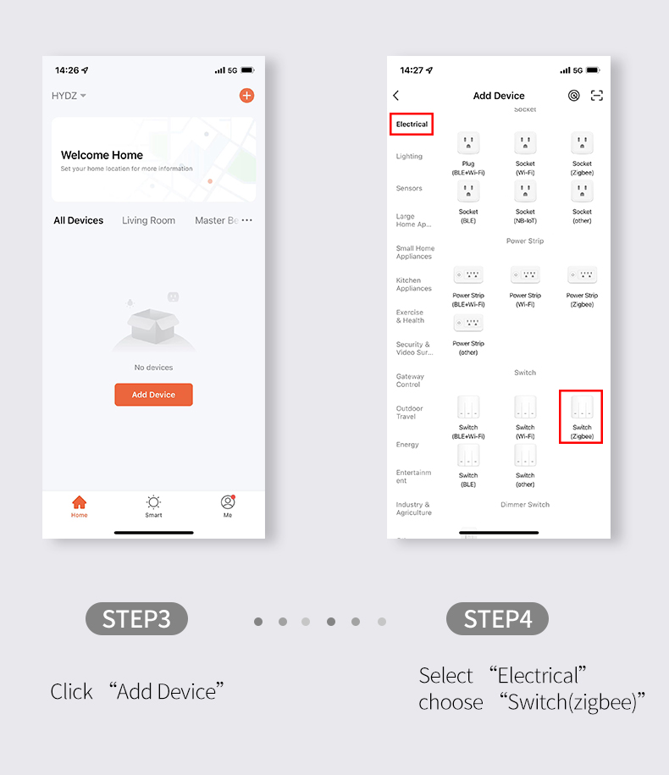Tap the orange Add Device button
click(153, 395)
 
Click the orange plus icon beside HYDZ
click(246, 96)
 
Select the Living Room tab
click(149, 220)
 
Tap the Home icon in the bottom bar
click(79, 502)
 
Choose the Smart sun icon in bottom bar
click(153, 502)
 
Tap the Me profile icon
click(228, 502)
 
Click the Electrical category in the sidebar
click(412, 124)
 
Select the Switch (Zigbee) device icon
click(582, 407)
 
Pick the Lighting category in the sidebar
click(409, 156)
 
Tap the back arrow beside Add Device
click(395, 96)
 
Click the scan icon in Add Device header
click(597, 96)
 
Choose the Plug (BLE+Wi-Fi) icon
click(468, 144)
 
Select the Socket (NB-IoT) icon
click(525, 191)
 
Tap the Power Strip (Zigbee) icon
click(582, 274)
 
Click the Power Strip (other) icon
click(468, 323)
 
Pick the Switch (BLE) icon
click(468, 455)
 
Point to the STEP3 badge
click(136, 619)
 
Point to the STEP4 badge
click(497, 619)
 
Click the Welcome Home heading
click(102, 155)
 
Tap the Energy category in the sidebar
click(407, 445)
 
